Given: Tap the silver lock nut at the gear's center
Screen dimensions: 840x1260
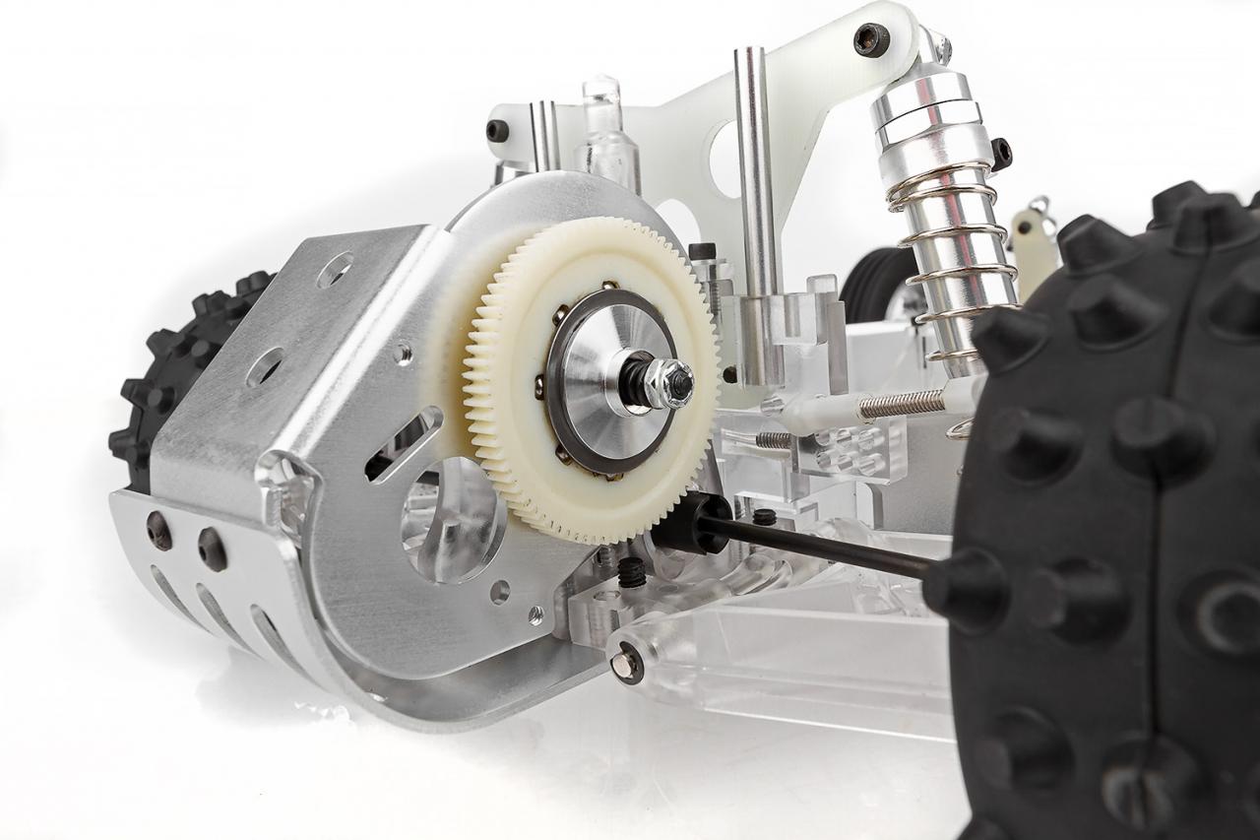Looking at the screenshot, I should pos(672,383).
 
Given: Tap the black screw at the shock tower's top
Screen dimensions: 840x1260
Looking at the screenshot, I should pos(871,39).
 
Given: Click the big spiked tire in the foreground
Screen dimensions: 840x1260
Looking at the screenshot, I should pos(1112,532).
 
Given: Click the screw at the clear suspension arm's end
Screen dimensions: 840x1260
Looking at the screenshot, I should pos(626,664).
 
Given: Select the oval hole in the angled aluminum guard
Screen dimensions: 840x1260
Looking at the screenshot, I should pos(265,366).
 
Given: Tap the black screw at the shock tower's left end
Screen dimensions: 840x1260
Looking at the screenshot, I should pos(498,130).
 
